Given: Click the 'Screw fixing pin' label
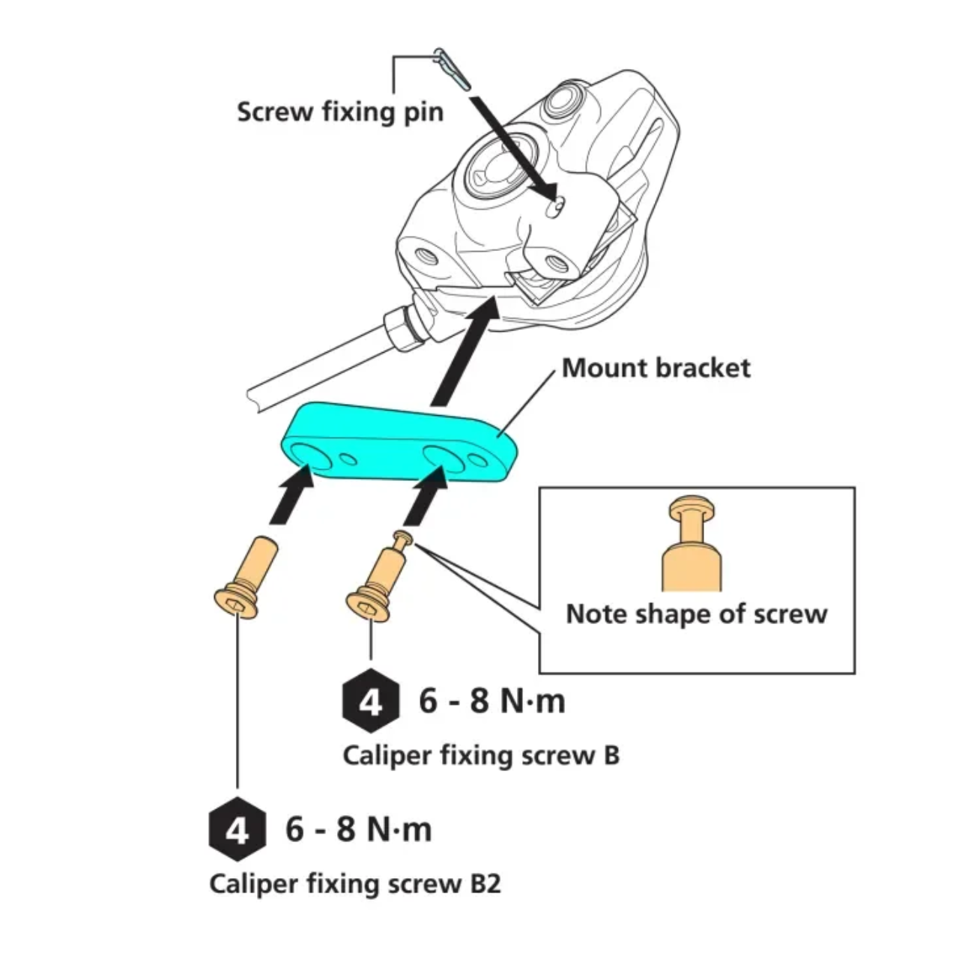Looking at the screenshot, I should tap(340, 112).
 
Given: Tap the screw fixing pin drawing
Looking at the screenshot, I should tap(452, 67).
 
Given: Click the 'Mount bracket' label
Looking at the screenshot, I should tap(656, 368).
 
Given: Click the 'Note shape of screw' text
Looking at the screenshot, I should tap(696, 614).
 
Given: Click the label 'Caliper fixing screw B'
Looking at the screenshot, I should tap(481, 754).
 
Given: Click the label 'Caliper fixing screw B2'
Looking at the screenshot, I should tap(354, 883).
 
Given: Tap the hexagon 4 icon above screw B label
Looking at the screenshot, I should tap(371, 703).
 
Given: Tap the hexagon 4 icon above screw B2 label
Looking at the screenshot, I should tap(237, 830).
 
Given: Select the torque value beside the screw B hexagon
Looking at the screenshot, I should tap(491, 701).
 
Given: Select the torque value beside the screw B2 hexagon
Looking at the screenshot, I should tap(358, 829).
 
